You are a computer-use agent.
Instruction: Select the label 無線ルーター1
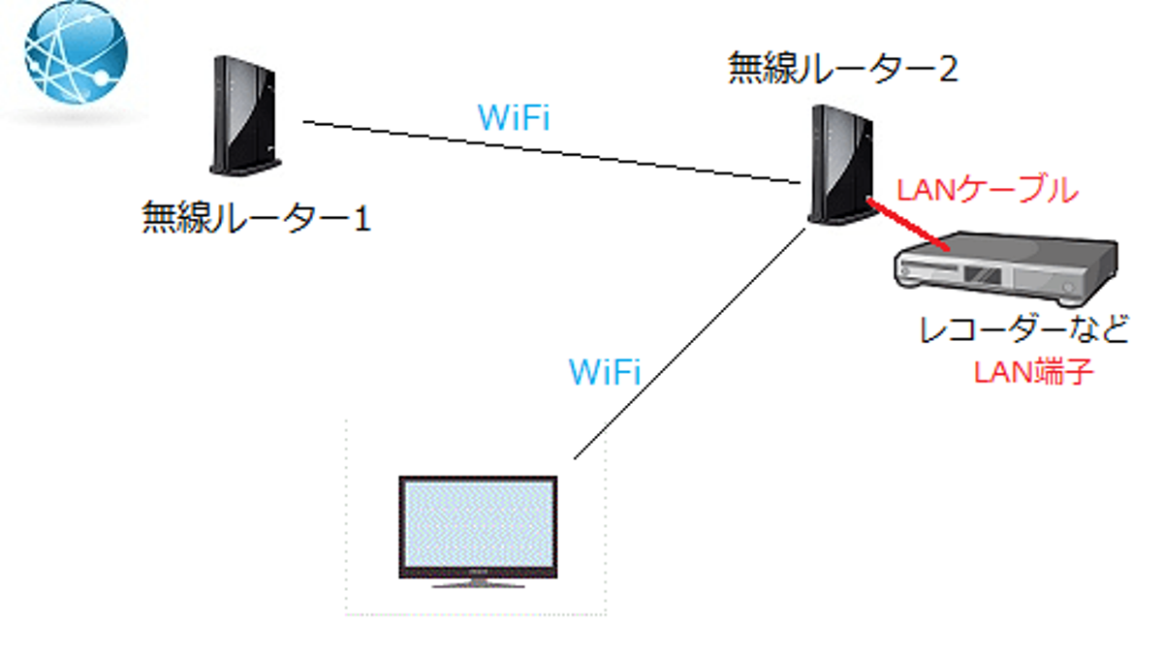[x=257, y=217]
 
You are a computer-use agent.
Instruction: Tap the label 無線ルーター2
[x=843, y=69]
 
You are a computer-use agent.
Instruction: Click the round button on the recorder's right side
[x=1069, y=289]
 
